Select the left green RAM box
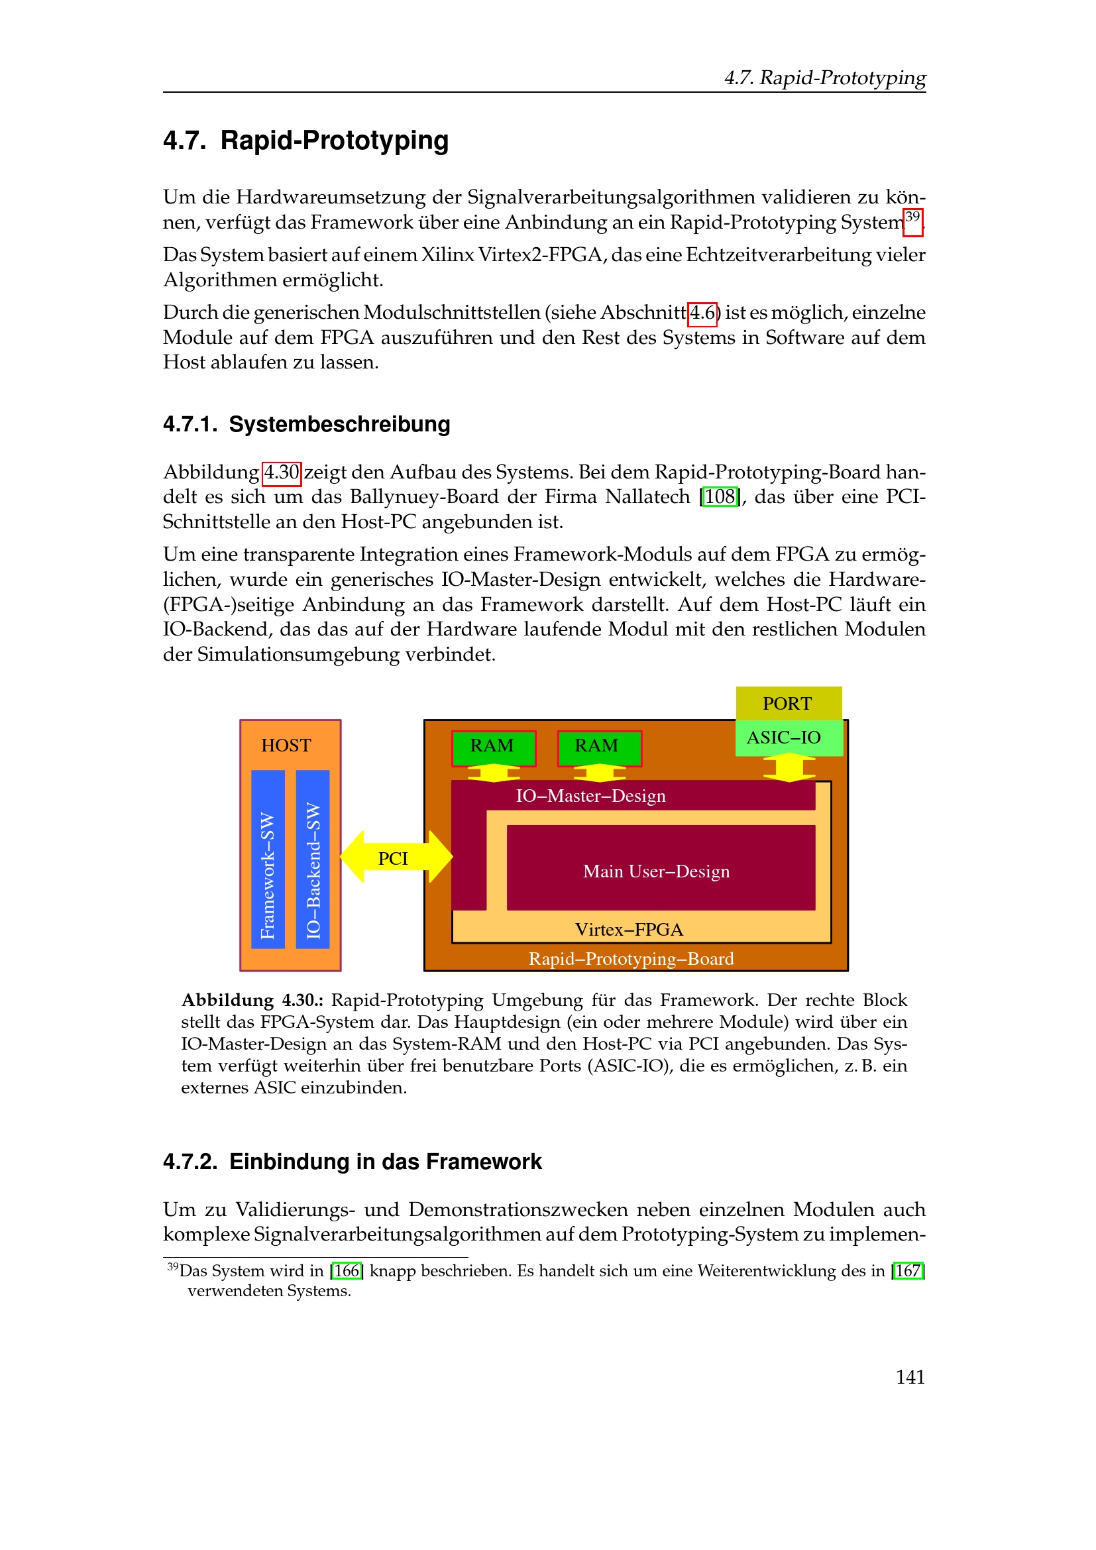494,747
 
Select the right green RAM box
598,747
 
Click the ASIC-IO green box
789,738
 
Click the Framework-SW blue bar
268,859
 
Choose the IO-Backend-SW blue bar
313,859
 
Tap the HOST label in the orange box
286,746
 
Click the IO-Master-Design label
590,796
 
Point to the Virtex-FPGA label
629,930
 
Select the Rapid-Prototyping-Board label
631,959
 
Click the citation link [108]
720,497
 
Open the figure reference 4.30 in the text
282,472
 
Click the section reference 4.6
702,313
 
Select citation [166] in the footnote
347,1271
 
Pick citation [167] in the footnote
908,1271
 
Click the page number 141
910,1377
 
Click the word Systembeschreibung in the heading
339,425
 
